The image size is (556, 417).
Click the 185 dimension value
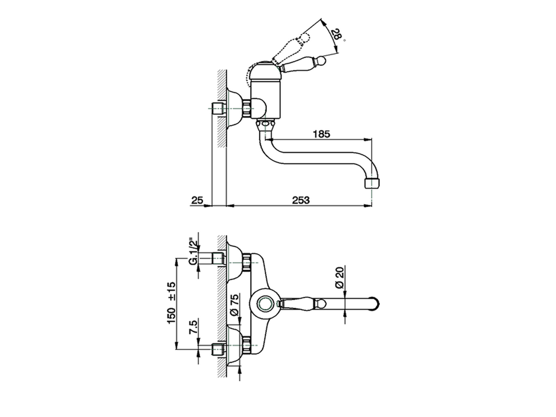321,134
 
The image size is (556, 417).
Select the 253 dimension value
301,200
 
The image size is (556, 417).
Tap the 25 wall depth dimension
197,200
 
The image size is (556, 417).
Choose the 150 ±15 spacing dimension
171,302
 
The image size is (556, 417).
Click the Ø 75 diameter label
234,305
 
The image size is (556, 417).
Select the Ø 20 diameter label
340,278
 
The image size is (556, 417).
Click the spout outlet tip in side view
372,183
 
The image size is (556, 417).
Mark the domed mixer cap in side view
266,71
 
